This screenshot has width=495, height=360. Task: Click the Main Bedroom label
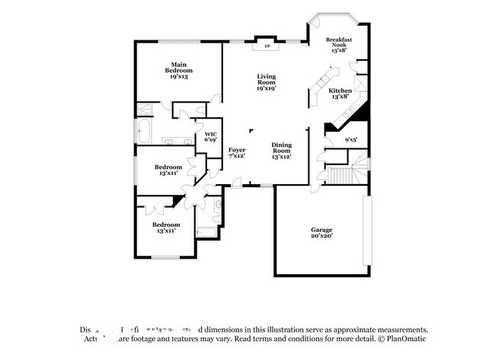(179, 67)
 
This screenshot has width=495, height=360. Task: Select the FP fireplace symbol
(267, 46)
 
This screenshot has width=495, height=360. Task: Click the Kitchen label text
(340, 91)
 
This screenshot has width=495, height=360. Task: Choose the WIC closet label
(210, 134)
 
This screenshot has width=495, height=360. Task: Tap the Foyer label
(237, 150)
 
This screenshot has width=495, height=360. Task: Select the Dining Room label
(282, 148)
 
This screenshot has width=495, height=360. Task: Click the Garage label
(321, 229)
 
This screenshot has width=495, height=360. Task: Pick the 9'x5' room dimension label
(351, 140)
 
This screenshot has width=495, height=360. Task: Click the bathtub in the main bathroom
(145, 130)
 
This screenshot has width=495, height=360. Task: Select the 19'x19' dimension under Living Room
(266, 88)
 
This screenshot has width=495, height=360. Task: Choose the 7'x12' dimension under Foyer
(237, 156)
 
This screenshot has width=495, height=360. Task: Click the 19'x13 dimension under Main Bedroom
(179, 76)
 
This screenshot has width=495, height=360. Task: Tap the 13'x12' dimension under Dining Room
(282, 157)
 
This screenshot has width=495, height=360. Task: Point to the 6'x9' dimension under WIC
(210, 140)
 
